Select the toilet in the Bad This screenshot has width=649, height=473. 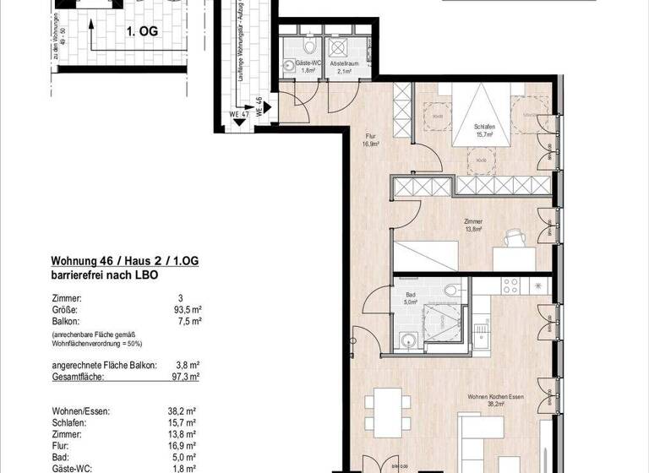pos(453,292)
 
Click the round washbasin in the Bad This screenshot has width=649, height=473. pos(409,340)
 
